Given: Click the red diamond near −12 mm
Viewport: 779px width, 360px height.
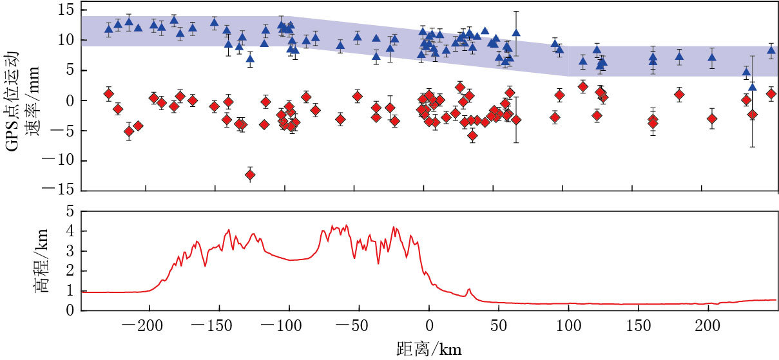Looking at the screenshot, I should click(x=250, y=175).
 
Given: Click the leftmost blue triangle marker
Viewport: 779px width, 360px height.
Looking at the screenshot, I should click(x=108, y=29).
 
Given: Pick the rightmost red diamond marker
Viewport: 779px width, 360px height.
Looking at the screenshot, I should click(x=771, y=94).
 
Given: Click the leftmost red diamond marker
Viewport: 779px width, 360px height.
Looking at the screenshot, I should click(x=108, y=94).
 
